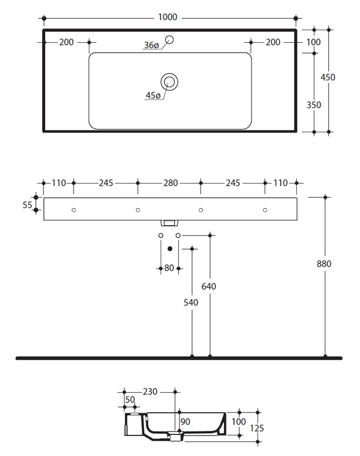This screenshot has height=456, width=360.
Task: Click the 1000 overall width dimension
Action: coord(167,17)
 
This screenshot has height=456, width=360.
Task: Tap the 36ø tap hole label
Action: coord(152,46)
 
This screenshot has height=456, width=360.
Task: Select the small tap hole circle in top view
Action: coord(169,39)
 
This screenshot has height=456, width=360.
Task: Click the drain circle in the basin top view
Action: coord(169,82)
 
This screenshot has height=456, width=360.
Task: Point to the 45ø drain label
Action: coord(153,95)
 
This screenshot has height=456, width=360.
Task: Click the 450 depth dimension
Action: coord(328,78)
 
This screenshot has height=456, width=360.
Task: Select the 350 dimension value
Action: coord(314,105)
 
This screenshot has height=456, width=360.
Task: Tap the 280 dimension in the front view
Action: coord(170,183)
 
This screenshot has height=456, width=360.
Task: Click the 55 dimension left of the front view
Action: coord(27,205)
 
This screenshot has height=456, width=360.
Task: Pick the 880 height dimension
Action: coord(324,264)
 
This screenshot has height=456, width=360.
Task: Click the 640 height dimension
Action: coord(208,287)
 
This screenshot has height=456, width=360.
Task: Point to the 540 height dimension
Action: coord(191,303)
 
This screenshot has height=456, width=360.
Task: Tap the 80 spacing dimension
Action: coord(169,268)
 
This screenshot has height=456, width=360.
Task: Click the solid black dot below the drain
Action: coord(170,249)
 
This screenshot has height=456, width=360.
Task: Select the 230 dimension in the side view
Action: coord(150,392)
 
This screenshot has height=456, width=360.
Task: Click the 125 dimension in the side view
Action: coord(257,428)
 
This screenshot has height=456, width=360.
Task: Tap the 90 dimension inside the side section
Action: coord(185,422)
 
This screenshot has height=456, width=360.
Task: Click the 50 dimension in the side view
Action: coord(130,400)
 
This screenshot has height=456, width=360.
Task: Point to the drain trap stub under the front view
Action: coord(169,223)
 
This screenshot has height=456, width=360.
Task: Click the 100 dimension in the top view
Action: coord(313,42)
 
